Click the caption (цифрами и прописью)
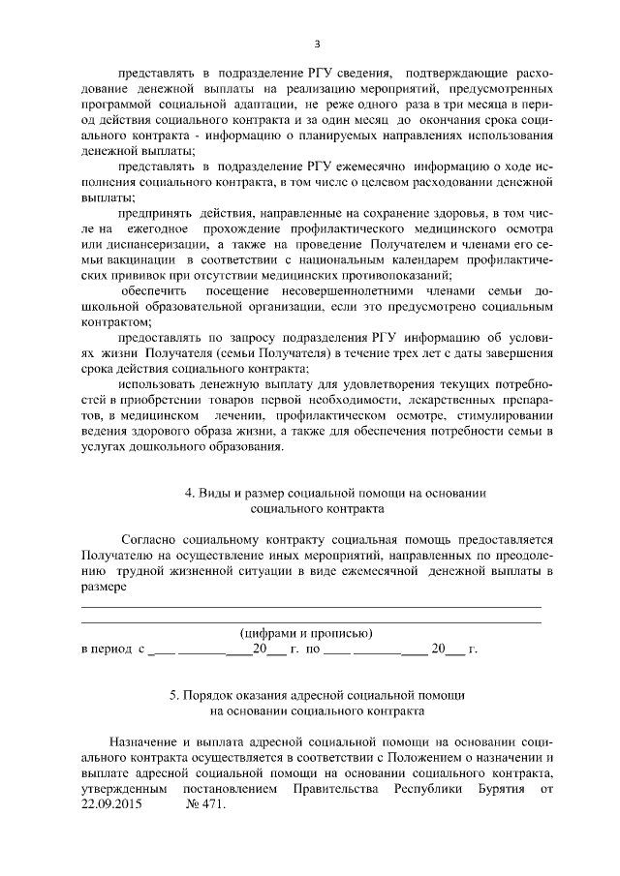(x=306, y=632)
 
